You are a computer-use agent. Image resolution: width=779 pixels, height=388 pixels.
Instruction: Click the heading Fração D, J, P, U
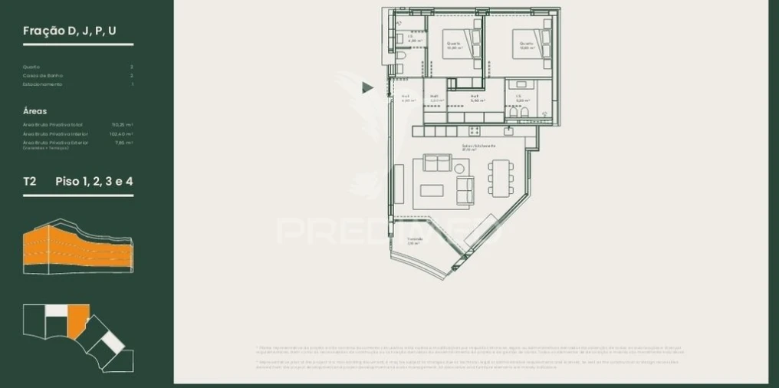(70, 31)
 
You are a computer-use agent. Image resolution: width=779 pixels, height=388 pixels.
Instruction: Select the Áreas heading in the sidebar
(36, 111)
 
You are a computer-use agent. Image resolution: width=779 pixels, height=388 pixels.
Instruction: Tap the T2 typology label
(30, 182)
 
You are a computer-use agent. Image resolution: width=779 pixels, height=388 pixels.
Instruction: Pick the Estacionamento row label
(42, 84)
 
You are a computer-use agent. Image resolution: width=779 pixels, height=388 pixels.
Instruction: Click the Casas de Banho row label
(43, 76)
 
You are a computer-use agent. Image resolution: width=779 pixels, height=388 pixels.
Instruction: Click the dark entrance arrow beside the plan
(367, 88)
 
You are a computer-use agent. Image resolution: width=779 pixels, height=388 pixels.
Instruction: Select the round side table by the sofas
(459, 169)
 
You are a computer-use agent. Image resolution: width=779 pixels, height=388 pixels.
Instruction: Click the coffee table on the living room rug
(431, 190)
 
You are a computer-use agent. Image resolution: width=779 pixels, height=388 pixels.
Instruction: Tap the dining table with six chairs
(500, 178)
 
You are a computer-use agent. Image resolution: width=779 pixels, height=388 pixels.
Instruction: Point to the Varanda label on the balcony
(415, 238)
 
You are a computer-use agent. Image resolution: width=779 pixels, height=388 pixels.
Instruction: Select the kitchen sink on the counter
(508, 131)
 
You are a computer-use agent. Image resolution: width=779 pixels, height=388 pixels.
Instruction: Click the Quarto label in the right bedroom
(526, 44)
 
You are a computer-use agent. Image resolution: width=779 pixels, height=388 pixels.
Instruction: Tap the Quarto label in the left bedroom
(453, 44)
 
